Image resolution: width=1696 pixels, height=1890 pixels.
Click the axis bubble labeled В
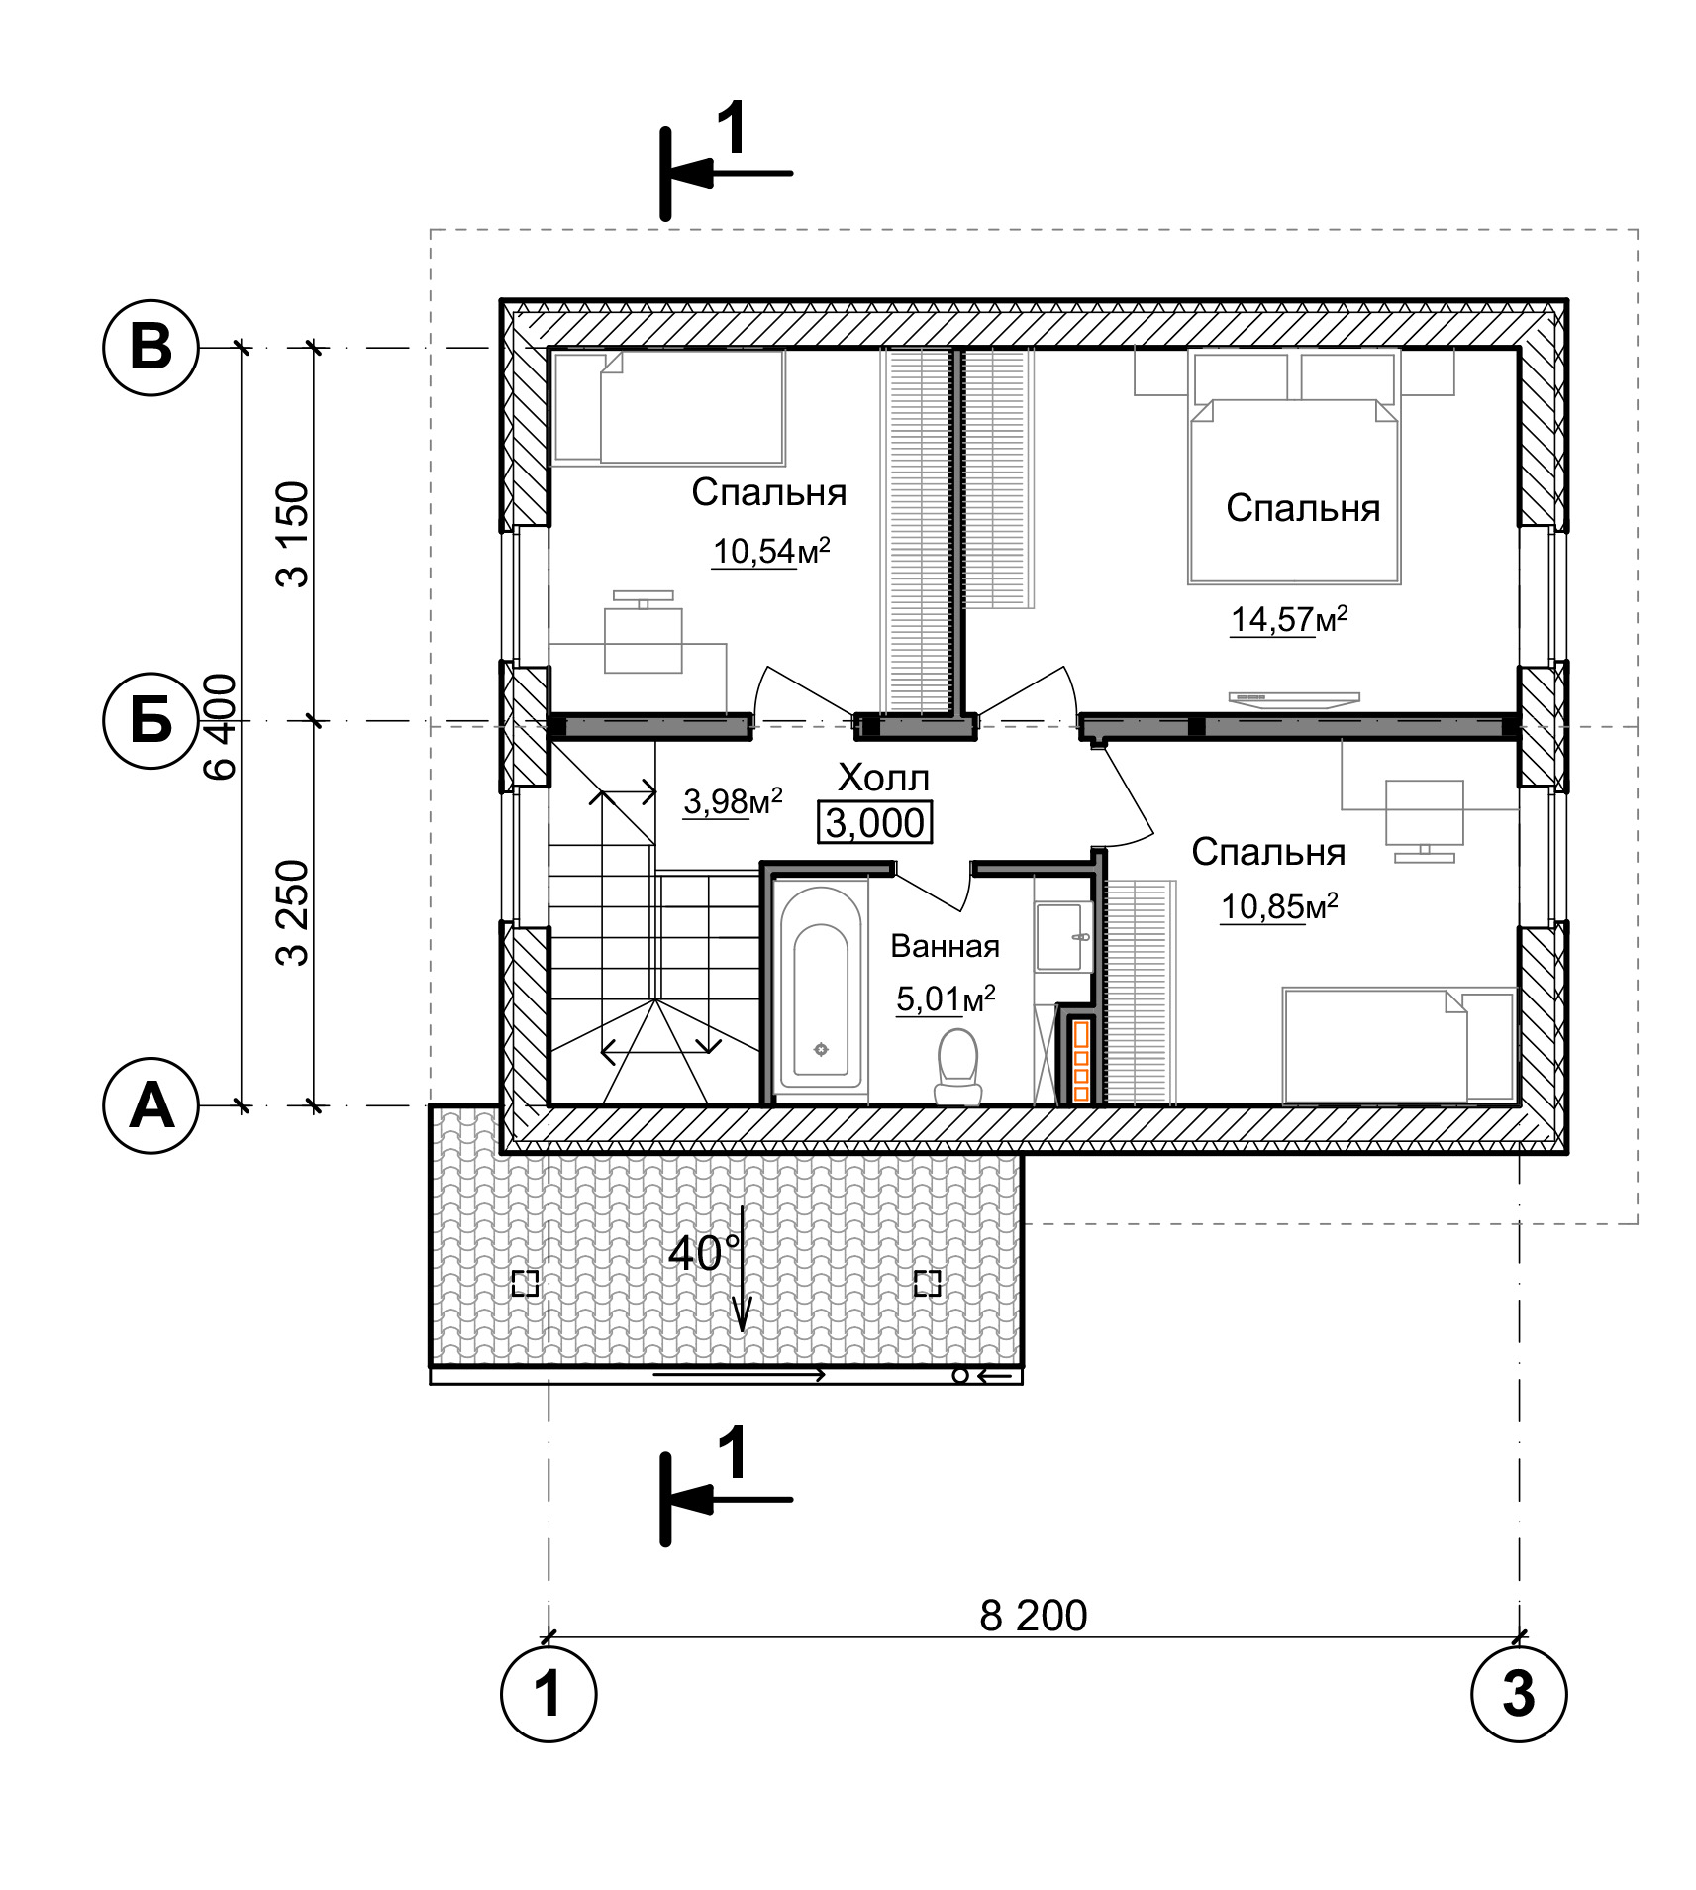click(151, 348)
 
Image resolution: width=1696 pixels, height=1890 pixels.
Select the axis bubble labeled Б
click(151, 721)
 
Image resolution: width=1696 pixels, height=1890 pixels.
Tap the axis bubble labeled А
click(151, 1104)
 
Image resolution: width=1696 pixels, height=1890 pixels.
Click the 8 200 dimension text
click(1033, 1616)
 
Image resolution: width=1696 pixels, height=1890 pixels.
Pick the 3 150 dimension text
click(294, 535)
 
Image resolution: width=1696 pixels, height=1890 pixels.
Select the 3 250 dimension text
click(294, 912)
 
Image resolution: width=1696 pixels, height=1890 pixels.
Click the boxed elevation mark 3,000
click(874, 822)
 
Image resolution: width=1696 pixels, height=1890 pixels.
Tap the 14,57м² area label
click(1288, 619)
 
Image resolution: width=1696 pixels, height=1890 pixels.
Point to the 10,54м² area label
click(770, 550)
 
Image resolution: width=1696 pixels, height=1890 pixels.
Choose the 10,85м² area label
click(1279, 906)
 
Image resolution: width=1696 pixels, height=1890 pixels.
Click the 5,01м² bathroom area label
click(946, 998)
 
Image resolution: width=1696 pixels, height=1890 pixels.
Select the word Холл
click(883, 778)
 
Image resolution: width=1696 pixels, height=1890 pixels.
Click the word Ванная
click(945, 946)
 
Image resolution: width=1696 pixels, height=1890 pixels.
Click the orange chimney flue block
click(1081, 1061)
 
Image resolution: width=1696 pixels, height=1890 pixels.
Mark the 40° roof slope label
click(704, 1253)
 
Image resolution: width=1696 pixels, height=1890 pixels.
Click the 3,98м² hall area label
click(733, 801)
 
